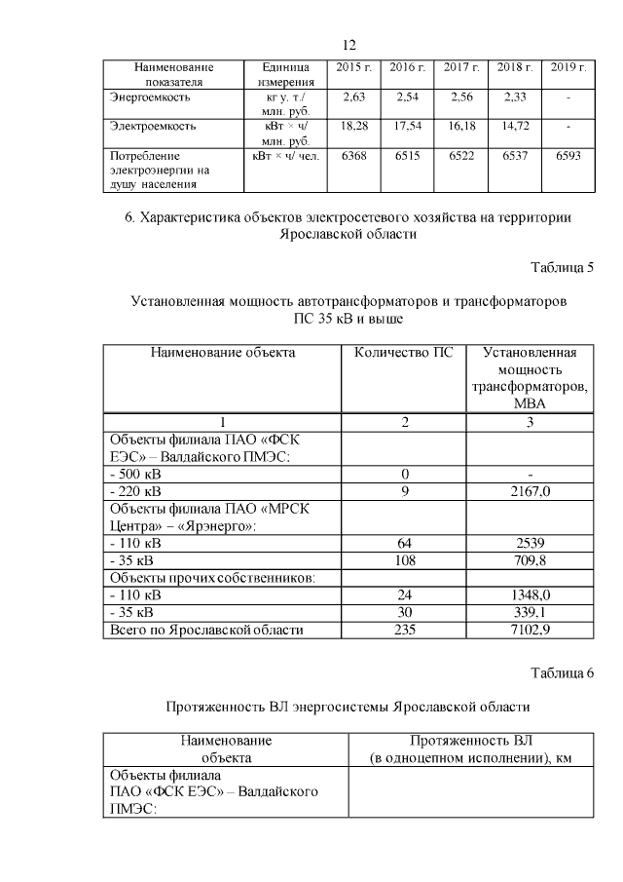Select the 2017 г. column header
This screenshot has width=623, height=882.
click(x=461, y=68)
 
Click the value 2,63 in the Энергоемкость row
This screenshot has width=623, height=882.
click(x=354, y=97)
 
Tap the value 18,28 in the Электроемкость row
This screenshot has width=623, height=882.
click(x=354, y=127)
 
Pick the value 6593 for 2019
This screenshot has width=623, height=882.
click(x=568, y=156)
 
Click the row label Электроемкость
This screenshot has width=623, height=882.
click(x=154, y=127)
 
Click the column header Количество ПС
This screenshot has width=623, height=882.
click(x=403, y=353)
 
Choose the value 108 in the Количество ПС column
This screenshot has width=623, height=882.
click(x=403, y=560)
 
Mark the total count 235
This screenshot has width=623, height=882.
click(x=403, y=631)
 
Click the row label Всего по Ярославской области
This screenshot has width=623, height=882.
click(x=206, y=631)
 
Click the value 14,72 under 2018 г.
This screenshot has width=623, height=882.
click(x=515, y=127)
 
